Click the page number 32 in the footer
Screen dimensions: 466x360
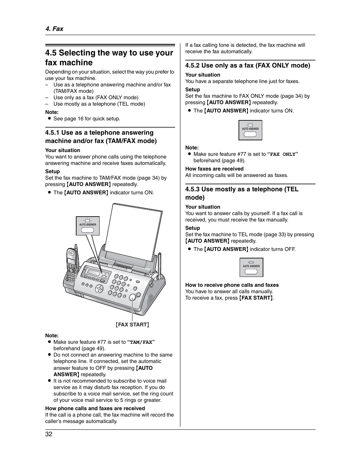click(x=49, y=434)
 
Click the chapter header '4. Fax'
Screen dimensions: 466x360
click(x=54, y=29)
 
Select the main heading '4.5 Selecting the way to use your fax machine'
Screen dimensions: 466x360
click(x=109, y=58)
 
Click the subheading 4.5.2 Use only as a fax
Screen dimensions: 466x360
click(x=248, y=65)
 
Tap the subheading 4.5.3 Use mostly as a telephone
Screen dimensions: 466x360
click(x=242, y=193)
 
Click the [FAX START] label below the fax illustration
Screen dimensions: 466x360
click(x=132, y=325)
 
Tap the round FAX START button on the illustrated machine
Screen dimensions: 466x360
click(x=132, y=297)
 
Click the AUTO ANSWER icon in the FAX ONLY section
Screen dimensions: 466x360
click(x=250, y=130)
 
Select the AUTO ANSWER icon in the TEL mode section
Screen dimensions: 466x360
click(x=251, y=268)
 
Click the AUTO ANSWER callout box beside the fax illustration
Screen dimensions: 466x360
click(x=88, y=226)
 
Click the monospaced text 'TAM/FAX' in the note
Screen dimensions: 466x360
click(x=141, y=342)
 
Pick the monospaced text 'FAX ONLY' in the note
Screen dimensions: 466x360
click(x=283, y=154)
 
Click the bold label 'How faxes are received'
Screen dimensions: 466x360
click(x=214, y=169)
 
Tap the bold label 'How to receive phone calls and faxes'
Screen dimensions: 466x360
click(x=232, y=285)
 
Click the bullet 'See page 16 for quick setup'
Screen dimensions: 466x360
click(x=86, y=118)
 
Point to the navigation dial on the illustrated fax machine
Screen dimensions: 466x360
click(x=99, y=289)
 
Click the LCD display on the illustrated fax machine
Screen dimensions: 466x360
click(x=93, y=271)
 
